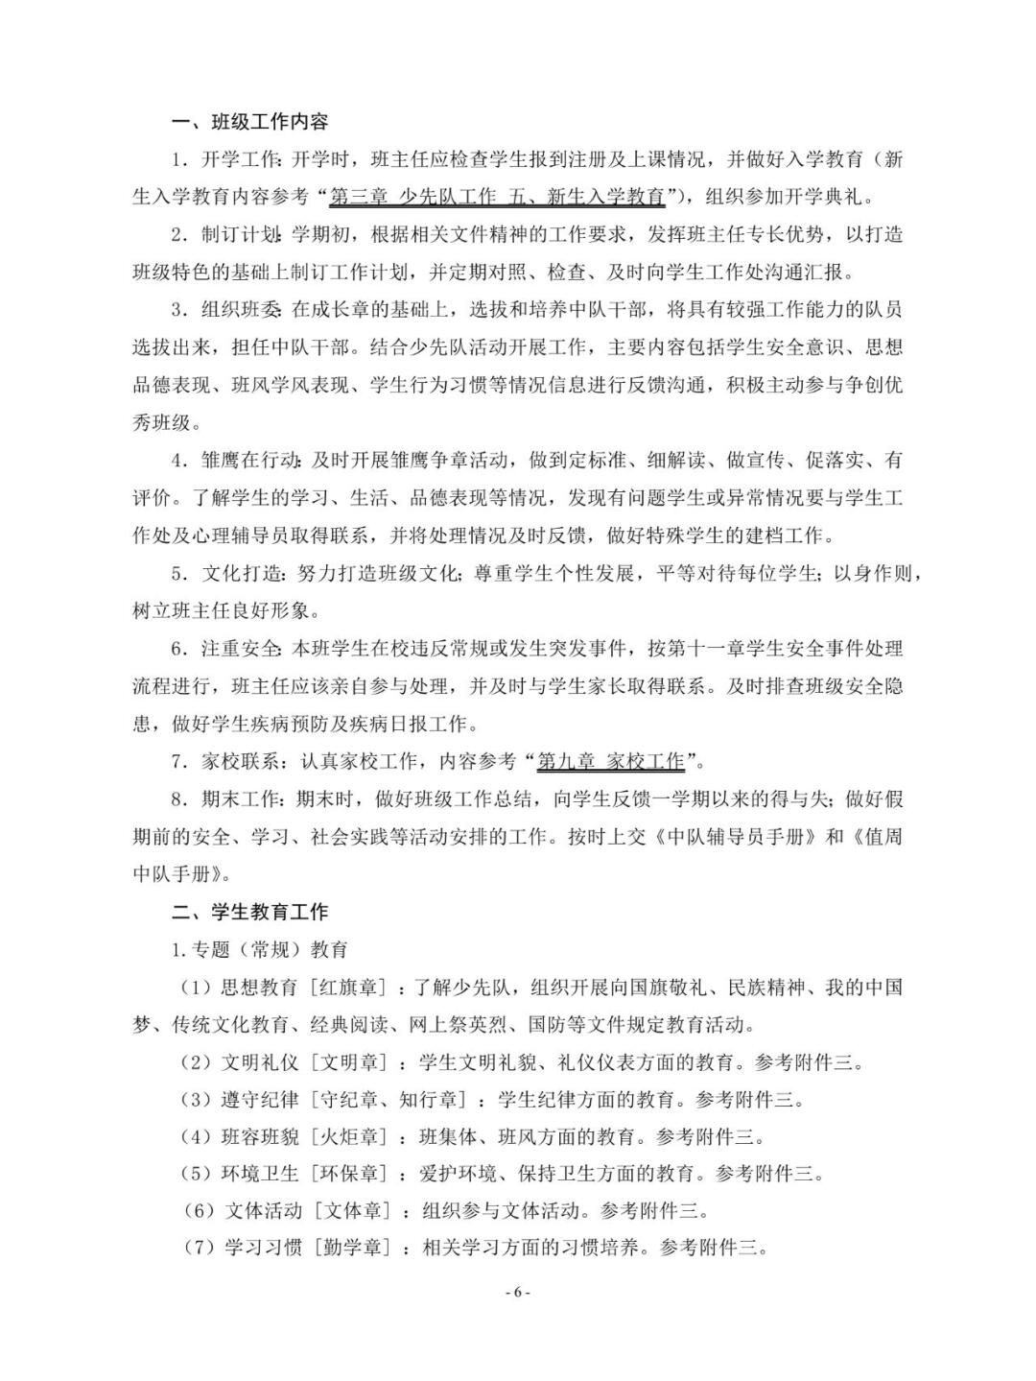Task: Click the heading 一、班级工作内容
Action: pyautogui.click(x=250, y=122)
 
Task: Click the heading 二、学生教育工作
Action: pyautogui.click(x=250, y=912)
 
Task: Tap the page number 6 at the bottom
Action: pyautogui.click(x=517, y=1292)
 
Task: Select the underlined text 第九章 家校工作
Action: pyautogui.click(x=611, y=762)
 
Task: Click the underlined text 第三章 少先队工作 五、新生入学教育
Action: pyautogui.click(x=497, y=198)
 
